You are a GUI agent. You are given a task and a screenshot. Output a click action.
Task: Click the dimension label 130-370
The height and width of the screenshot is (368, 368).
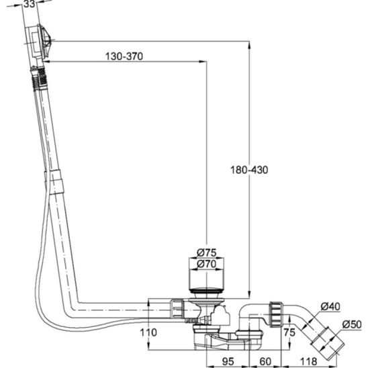[124, 56]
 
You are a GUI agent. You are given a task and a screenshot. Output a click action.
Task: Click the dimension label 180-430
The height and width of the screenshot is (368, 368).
[249, 170]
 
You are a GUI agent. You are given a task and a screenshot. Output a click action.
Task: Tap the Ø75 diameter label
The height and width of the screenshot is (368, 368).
[207, 252]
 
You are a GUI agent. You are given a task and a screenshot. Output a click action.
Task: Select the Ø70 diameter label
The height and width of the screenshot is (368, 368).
[207, 264]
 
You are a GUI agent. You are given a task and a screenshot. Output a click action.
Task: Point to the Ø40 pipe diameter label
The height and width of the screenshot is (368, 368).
[330, 306]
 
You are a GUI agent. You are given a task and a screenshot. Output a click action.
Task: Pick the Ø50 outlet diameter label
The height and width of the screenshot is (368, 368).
[352, 324]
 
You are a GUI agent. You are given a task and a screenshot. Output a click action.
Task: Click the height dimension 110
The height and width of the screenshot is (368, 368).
[148, 332]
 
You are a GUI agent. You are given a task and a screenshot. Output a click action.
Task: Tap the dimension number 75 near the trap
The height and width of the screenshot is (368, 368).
[289, 332]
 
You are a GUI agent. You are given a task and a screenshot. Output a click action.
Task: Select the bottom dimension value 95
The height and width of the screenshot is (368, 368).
[228, 361]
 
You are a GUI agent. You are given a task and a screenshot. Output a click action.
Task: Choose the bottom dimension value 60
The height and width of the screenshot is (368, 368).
[265, 361]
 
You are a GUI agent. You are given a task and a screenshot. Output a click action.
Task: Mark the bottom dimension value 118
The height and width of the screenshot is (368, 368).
[309, 361]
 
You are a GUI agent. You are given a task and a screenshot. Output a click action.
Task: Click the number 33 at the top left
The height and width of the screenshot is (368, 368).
[30, 4]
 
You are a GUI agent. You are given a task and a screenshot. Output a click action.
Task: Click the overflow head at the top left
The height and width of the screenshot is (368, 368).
[39, 42]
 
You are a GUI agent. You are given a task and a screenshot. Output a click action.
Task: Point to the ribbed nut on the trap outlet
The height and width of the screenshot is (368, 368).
[277, 314]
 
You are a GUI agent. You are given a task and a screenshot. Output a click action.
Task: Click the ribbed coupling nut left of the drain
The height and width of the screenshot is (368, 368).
[178, 308]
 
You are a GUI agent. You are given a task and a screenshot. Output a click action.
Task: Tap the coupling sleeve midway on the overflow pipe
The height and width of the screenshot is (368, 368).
[54, 182]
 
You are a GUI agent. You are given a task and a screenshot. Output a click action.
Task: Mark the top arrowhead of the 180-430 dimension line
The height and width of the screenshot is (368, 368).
[249, 45]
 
